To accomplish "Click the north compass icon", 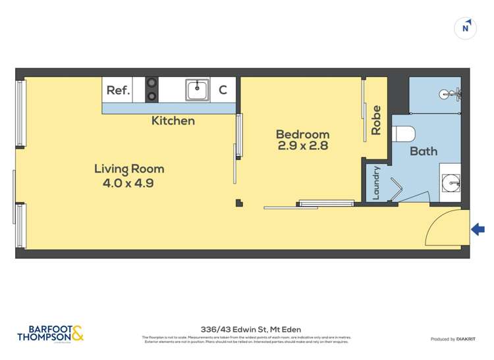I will pyautogui.click(x=466, y=28).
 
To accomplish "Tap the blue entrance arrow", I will pyautogui.click(x=478, y=229).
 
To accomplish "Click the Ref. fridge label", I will pyautogui.click(x=117, y=90).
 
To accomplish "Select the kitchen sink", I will pyautogui.click(x=197, y=90).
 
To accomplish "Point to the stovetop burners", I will pyautogui.click(x=152, y=90).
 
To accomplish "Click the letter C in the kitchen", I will pyautogui.click(x=223, y=90).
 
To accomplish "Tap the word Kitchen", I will pyautogui.click(x=173, y=120).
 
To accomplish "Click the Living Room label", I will pyautogui.click(x=128, y=169).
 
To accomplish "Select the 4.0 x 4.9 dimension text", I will pyautogui.click(x=128, y=184).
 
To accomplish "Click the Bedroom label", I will pyautogui.click(x=302, y=134).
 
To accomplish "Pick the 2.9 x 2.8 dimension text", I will pyautogui.click(x=302, y=146).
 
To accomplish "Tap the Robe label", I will pyautogui.click(x=377, y=120).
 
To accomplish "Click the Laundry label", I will pyautogui.click(x=377, y=183).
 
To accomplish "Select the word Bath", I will pyautogui.click(x=424, y=151).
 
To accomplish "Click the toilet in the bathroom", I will pyautogui.click(x=403, y=134).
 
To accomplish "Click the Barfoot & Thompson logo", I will pyautogui.click(x=50, y=333).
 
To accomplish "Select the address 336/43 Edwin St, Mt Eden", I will pyautogui.click(x=246, y=329).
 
